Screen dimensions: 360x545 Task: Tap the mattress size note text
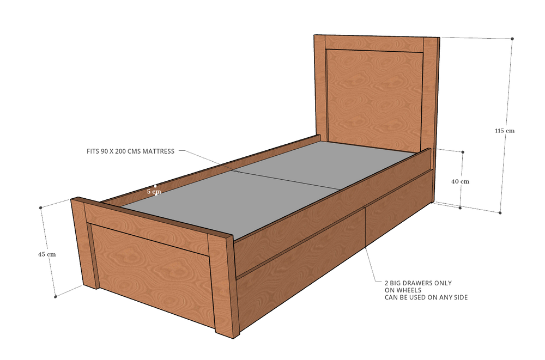pyautogui.click(x=130, y=151)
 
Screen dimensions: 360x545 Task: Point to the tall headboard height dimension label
pyautogui.click(x=505, y=131)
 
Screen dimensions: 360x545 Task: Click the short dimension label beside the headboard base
pyautogui.click(x=460, y=181)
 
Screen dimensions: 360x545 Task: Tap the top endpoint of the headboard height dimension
pyautogui.click(x=513, y=38)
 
